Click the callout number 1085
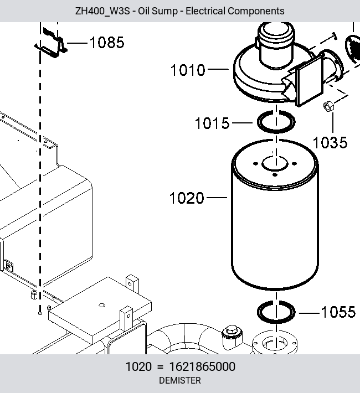[x=107, y=43]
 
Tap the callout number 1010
[x=188, y=70]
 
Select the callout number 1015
[x=212, y=123]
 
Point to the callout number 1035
[x=330, y=142]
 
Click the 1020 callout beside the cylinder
[x=187, y=198]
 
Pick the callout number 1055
[x=338, y=312]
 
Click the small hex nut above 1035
[x=328, y=106]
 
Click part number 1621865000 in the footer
[x=202, y=366]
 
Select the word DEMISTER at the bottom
[x=180, y=380]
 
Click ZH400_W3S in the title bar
[x=102, y=11]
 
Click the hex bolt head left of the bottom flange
[x=232, y=330]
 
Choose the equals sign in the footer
[x=161, y=367]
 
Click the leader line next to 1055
[x=309, y=313]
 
